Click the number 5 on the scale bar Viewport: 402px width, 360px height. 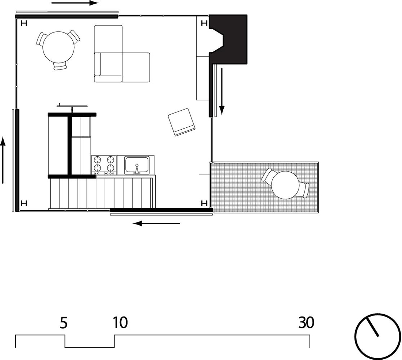tap(64, 323)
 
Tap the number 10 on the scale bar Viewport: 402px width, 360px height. tap(120, 323)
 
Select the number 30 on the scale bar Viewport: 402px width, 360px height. tap(306, 323)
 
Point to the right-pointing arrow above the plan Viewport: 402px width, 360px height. tap(75, 3)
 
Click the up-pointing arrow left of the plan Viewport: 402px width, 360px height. tap(3, 160)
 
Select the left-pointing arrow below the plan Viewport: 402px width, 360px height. tap(156, 223)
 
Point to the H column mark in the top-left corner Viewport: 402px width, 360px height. tap(24, 24)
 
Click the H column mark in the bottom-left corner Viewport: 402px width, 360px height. tap(24, 203)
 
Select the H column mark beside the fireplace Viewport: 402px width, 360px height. tap(204, 24)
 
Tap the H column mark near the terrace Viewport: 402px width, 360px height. tap(204, 203)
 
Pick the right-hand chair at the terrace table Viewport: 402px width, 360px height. tap(306, 190)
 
